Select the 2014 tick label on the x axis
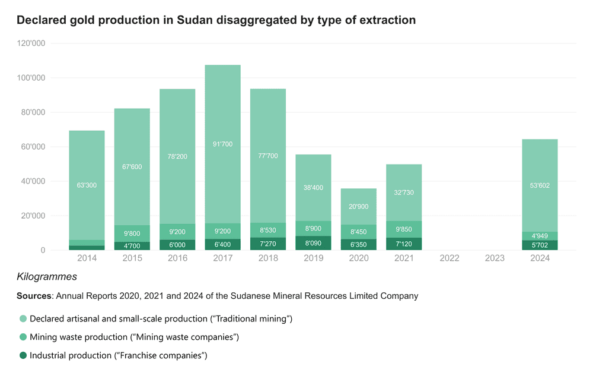pyautogui.click(x=87, y=258)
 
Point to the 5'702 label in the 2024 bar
pyautogui.click(x=540, y=245)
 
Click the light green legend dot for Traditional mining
pyautogui.click(x=23, y=319)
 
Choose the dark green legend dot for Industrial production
pyautogui.click(x=23, y=355)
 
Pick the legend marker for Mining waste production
pyautogui.click(x=23, y=337)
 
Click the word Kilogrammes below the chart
pyautogui.click(x=47, y=277)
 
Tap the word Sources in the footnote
pyautogui.click(x=34, y=296)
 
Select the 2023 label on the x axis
pyautogui.click(x=495, y=258)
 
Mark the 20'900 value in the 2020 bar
pyautogui.click(x=359, y=206)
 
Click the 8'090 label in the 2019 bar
pyautogui.click(x=314, y=242)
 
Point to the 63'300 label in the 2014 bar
pyautogui.click(x=87, y=185)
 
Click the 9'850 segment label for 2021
pyautogui.click(x=404, y=229)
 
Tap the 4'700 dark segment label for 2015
pyautogui.click(x=132, y=245)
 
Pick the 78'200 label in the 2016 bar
pyautogui.click(x=177, y=157)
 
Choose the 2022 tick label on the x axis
pyautogui.click(x=449, y=258)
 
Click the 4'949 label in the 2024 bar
pyautogui.click(x=540, y=235)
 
